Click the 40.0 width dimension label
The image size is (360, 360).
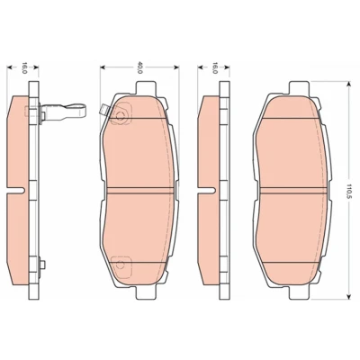pos(139,67)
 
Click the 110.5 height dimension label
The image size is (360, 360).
pos(348,190)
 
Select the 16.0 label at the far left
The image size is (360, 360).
pos(25,67)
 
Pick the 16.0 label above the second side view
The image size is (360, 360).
pos(215,67)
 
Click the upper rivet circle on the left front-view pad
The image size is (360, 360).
pos(121,115)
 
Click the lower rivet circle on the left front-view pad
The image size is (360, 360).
pos(121,265)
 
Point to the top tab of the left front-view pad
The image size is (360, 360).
pos(147,88)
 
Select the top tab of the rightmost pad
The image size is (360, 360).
pos(299,88)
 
